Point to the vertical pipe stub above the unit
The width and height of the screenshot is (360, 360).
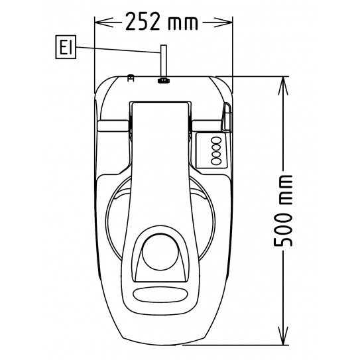[x=161, y=62]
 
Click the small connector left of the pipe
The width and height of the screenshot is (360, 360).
[x=131, y=78]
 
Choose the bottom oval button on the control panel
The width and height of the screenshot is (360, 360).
[x=215, y=160]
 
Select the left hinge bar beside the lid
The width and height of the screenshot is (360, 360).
[x=112, y=125]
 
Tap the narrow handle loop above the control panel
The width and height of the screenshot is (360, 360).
[x=225, y=116]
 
